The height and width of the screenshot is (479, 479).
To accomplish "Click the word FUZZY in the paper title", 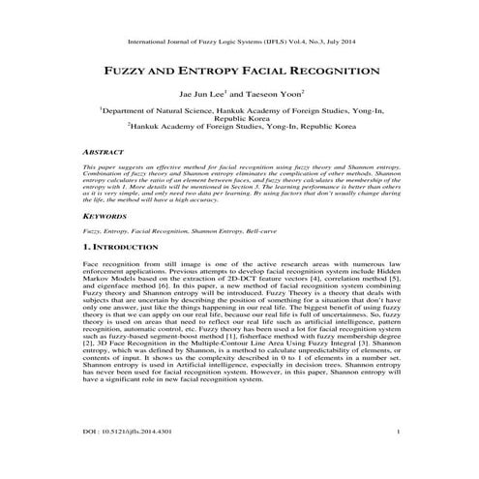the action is click(135, 72).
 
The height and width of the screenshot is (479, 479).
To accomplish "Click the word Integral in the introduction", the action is click(329, 368).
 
